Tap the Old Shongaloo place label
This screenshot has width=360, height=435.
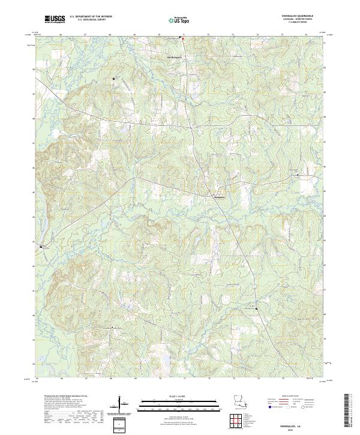(x=173, y=57)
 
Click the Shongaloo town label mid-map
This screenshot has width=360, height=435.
(x=220, y=196)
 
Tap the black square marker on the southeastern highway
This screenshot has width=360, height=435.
(x=256, y=308)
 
